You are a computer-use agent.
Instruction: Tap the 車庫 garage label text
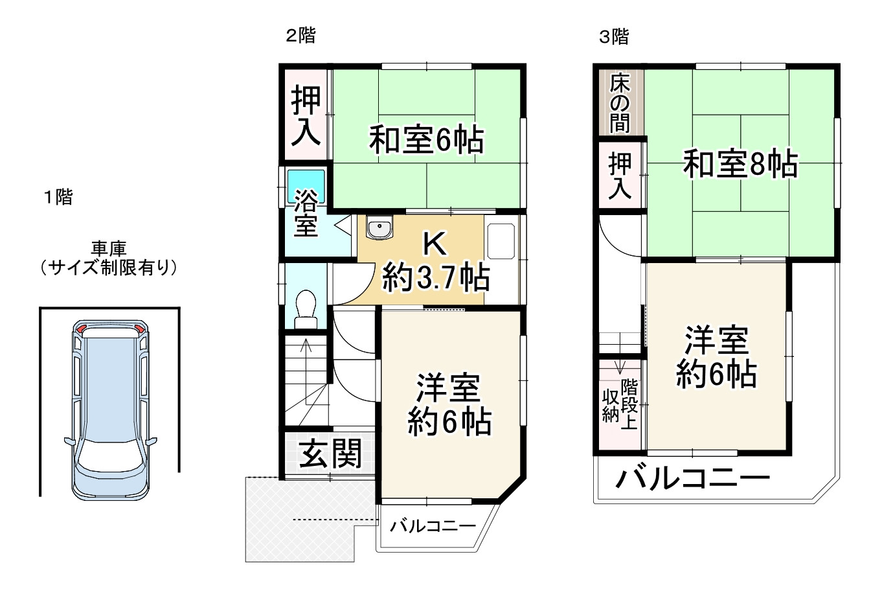(x=108, y=248)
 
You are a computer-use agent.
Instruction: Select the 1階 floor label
(x=58, y=197)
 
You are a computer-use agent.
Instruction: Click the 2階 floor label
(x=301, y=36)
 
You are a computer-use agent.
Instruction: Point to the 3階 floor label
(x=613, y=37)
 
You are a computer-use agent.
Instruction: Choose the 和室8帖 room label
(x=740, y=164)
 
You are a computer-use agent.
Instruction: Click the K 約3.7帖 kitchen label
(x=435, y=263)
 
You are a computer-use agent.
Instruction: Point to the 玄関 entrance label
(x=330, y=454)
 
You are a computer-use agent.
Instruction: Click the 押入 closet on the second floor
(x=305, y=116)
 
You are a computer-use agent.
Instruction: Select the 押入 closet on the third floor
(x=620, y=176)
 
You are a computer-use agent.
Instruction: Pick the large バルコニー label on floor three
(x=692, y=479)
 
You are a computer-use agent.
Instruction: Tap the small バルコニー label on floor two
(x=433, y=526)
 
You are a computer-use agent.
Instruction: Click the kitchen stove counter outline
(x=501, y=241)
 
